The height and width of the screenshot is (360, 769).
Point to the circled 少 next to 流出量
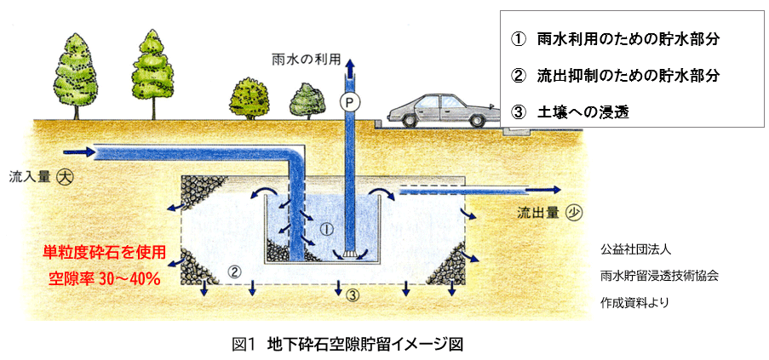click(x=576, y=212)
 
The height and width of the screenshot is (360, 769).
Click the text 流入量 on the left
click(x=27, y=179)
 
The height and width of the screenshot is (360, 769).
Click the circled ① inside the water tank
click(x=324, y=229)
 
